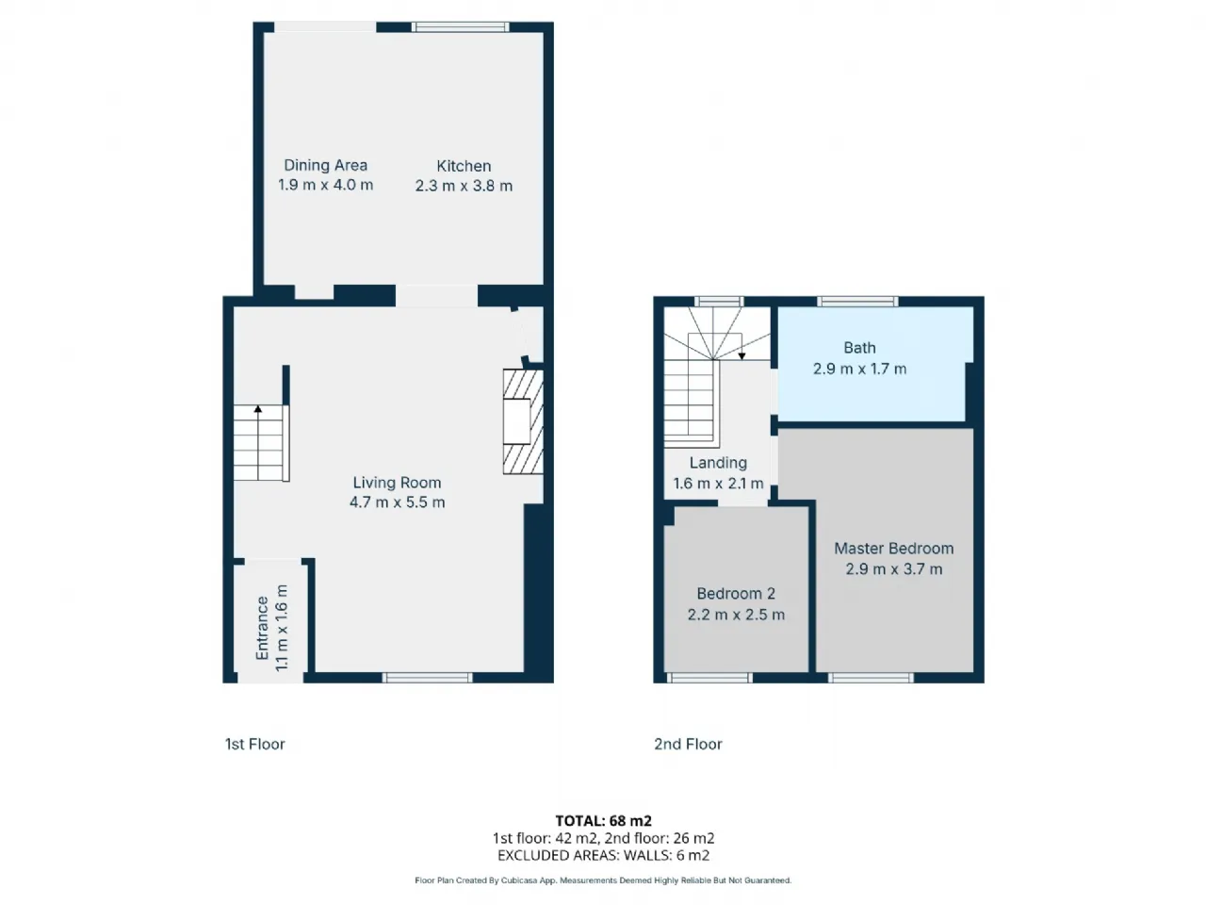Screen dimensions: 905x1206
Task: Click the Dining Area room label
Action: [325, 165]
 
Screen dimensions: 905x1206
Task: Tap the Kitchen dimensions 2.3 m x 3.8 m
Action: [464, 186]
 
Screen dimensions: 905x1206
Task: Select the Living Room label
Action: [397, 483]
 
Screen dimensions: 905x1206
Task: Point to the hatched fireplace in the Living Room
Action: [523, 421]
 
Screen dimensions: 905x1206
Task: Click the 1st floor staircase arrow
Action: [258, 410]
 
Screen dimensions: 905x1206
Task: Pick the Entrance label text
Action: [263, 628]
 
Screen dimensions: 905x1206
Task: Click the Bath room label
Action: [859, 348]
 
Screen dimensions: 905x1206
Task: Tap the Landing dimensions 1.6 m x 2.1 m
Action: [718, 484]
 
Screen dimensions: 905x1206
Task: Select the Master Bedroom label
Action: [893, 549]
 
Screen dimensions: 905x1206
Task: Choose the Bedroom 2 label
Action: [736, 594]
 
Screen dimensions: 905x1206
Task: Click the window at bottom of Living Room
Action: [427, 677]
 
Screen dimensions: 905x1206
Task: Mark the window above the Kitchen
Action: [462, 27]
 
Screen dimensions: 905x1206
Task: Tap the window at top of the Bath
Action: [857, 302]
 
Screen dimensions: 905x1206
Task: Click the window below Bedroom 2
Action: [709, 677]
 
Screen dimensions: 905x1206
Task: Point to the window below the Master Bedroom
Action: [871, 677]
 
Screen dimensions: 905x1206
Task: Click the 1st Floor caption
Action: [254, 744]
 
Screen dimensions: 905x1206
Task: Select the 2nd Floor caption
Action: [688, 744]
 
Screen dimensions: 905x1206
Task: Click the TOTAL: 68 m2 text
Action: [603, 821]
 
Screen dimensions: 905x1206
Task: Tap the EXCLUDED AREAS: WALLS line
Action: [603, 856]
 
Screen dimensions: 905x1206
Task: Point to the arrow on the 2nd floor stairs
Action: [742, 355]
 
